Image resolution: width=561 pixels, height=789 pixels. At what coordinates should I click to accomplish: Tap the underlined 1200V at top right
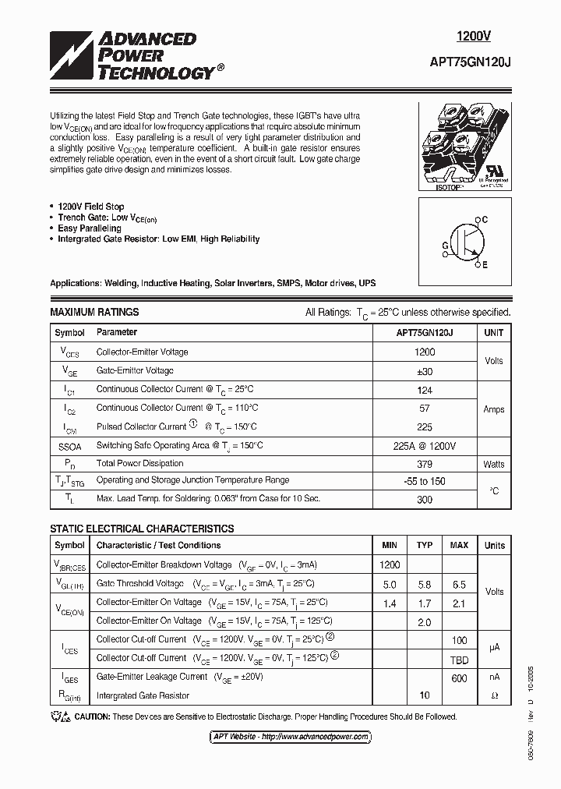pos(474,36)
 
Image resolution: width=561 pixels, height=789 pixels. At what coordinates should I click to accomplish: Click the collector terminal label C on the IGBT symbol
pos(485,220)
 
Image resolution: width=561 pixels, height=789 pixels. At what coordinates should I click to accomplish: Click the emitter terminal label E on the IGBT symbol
pos(485,265)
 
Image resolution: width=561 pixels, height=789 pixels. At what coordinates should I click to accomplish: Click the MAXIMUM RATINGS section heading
pos(94,312)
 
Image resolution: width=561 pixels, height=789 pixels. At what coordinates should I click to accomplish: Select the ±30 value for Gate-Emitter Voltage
pos(425,371)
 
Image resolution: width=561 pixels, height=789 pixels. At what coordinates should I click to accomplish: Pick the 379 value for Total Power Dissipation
pos(425,463)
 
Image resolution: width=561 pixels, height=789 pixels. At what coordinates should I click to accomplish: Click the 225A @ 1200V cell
pos(425,445)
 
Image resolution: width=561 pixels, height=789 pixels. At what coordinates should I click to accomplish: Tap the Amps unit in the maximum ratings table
pos(494,409)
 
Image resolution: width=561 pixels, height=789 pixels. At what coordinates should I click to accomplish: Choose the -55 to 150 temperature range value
pos(425,481)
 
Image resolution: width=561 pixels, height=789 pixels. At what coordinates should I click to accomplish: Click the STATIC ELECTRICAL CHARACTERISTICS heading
pos(142,529)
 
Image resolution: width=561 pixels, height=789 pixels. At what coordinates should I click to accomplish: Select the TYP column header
pos(425,545)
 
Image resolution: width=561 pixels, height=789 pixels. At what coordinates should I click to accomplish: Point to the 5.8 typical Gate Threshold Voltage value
pos(425,584)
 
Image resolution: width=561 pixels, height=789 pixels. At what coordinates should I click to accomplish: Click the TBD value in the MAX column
pos(460,658)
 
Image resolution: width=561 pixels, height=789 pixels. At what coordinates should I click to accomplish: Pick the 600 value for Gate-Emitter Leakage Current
pos(460,678)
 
